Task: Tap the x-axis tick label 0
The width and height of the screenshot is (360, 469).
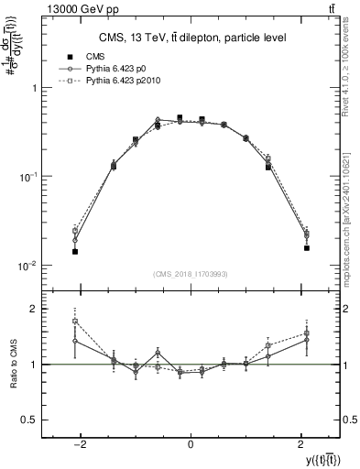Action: tap(191, 443)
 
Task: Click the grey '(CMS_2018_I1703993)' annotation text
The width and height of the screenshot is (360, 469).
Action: tap(191, 273)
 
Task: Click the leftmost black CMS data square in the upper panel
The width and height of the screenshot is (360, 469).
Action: tap(75, 251)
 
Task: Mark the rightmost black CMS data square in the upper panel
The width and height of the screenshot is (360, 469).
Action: tap(307, 247)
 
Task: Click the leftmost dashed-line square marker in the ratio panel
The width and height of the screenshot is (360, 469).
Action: tap(75, 322)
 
